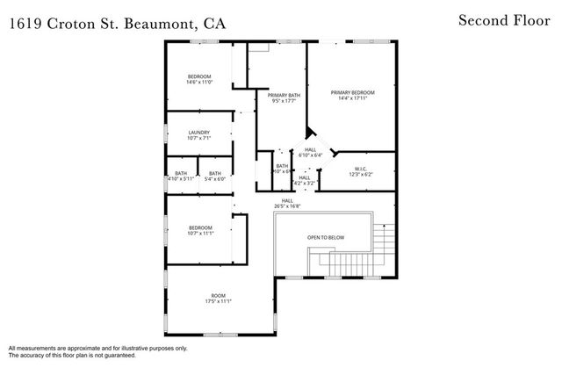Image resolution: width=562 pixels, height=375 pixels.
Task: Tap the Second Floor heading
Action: click(503, 19)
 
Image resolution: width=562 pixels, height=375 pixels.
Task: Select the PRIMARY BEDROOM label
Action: click(352, 92)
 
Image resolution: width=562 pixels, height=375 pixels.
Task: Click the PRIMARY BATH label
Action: click(282, 95)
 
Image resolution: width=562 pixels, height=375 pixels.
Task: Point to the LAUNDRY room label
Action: click(198, 133)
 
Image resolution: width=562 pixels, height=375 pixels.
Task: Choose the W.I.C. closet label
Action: click(360, 169)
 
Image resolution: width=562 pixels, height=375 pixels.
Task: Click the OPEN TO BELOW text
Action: click(324, 237)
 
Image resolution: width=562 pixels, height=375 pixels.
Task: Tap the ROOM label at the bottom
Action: click(218, 295)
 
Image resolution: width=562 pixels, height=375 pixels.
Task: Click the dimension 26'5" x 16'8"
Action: click(287, 207)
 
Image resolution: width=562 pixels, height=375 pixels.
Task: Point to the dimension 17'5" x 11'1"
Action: click(218, 302)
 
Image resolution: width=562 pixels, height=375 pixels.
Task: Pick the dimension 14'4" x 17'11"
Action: click(352, 99)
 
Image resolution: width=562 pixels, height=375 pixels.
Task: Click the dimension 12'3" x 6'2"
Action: click(360, 175)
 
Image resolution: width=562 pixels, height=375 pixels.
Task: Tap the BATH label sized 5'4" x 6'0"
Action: click(215, 173)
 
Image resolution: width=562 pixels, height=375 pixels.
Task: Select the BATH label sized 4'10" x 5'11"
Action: click(181, 173)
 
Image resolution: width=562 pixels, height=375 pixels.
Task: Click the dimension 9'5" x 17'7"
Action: click(282, 101)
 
